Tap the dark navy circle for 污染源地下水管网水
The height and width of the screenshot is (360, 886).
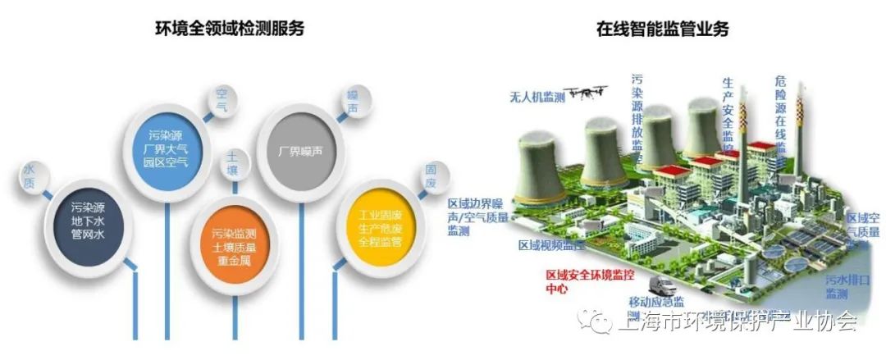87,221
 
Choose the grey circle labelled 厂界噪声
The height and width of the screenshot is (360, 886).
298,150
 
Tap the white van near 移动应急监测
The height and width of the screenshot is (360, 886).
662,288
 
